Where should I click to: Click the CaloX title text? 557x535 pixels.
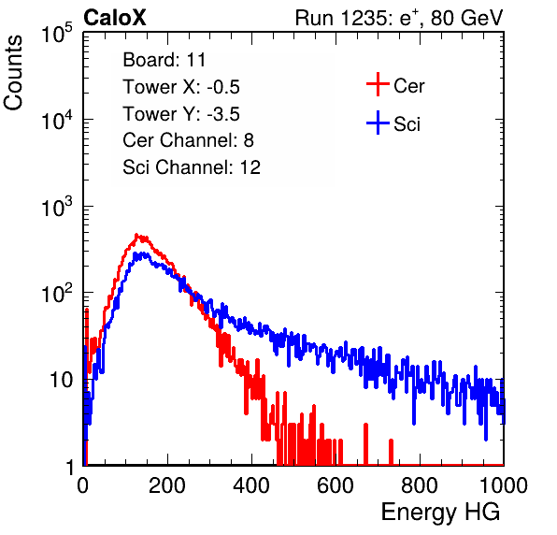114,18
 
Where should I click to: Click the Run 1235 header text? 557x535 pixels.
399,18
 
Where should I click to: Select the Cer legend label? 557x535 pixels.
408,86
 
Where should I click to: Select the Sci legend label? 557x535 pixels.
407,124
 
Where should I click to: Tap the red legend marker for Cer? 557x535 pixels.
378,84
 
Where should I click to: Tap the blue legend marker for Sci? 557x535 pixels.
378,123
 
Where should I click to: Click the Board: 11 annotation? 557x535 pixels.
164,60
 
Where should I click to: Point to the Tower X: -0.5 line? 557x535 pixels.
181,87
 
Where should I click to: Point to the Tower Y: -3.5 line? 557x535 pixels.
181,114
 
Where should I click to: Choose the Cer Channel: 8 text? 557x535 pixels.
188,140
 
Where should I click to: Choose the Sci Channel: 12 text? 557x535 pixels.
192,167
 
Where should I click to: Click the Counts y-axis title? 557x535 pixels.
13,73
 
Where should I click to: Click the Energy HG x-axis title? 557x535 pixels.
440,513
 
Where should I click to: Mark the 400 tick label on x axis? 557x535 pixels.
251,484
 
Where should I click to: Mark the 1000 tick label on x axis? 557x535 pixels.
503,484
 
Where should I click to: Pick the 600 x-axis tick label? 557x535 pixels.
336,484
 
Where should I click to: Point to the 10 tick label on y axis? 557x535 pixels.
61,380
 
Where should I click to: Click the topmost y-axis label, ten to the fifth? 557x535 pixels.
57,33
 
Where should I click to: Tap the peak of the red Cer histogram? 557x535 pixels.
136,235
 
